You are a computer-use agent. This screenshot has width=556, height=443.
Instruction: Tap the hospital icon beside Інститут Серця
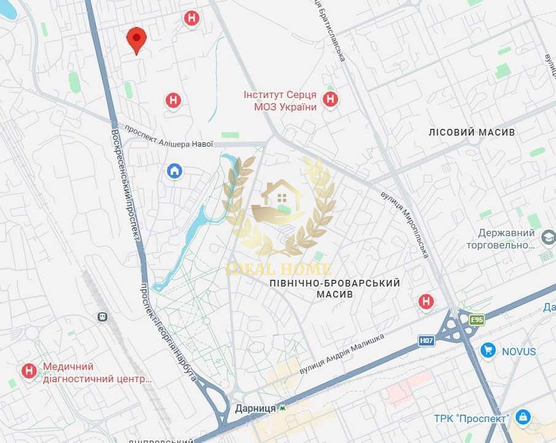click(331, 99)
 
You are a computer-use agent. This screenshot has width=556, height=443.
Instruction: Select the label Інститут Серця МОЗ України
click(280, 101)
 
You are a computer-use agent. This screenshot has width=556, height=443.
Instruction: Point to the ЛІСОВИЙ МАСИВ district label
click(471, 132)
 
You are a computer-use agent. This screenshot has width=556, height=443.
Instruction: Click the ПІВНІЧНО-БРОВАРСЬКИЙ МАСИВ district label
click(334, 288)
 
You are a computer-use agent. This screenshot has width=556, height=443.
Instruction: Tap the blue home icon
click(175, 171)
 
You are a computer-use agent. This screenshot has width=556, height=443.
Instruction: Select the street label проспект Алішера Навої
click(169, 137)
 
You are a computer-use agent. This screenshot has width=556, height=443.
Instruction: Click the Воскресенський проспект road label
click(126, 184)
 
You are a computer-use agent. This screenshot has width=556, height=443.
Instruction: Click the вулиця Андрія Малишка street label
click(342, 354)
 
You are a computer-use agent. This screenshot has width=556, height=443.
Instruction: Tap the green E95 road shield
click(477, 320)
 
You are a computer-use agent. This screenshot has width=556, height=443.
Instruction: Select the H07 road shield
click(427, 340)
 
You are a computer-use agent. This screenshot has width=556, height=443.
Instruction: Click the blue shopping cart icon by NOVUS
click(488, 350)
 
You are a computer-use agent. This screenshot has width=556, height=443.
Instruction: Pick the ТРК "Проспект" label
click(471, 418)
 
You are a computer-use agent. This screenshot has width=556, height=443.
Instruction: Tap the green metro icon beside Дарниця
click(282, 407)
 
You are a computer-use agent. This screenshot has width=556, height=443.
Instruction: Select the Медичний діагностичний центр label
click(97, 372)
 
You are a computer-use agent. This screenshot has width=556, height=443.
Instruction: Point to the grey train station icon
click(102, 317)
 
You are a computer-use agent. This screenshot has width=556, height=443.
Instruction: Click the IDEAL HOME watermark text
click(279, 269)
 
